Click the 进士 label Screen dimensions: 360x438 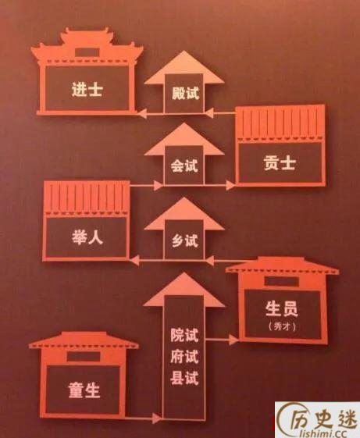pyautogui.click(x=87, y=89)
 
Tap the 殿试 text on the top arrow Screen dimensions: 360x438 pyautogui.click(x=185, y=93)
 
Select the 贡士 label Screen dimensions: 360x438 pyautogui.click(x=280, y=163)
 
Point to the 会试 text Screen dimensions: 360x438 pyautogui.click(x=184, y=166)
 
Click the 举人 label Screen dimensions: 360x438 pyautogui.click(x=87, y=237)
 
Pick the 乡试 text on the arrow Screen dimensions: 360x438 pyautogui.click(x=185, y=240)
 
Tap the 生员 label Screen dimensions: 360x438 pyautogui.click(x=281, y=308)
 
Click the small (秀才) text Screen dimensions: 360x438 pyautogui.click(x=282, y=326)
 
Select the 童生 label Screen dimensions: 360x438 pyautogui.click(x=84, y=390)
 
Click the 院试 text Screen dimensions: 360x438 pyautogui.click(x=184, y=335)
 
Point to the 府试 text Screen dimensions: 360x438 pyautogui.click(x=184, y=357)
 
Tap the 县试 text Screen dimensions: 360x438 pyautogui.click(x=184, y=378)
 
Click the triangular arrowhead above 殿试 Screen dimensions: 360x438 pyautogui.click(x=184, y=67)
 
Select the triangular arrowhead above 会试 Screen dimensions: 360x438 pyautogui.click(x=184, y=139)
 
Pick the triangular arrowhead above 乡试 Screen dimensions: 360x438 pyautogui.click(x=184, y=214)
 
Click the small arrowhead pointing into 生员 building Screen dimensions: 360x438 pyautogui.click(x=233, y=340)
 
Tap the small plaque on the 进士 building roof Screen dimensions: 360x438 pyautogui.click(x=87, y=52)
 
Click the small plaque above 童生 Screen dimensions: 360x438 pyautogui.click(x=84, y=356)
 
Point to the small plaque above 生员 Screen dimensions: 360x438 pyautogui.click(x=281, y=281)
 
